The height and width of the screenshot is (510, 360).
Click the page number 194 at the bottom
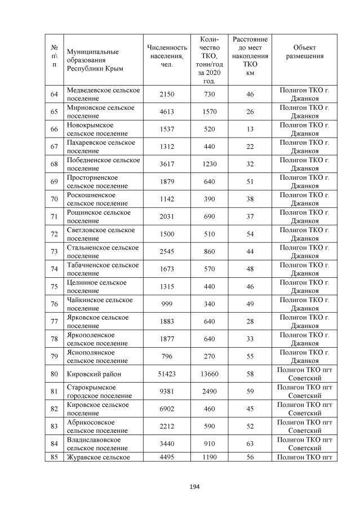pos(180,486)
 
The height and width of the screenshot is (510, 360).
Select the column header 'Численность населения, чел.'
pos(166,56)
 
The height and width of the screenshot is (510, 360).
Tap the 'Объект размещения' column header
pos(304,52)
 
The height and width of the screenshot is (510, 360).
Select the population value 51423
pos(167,374)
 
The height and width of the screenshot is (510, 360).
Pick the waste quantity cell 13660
pos(210,374)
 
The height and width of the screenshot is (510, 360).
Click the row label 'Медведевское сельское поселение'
pos(103,94)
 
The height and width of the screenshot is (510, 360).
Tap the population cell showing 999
pos(167,304)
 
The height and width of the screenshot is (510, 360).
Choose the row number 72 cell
pos(55,234)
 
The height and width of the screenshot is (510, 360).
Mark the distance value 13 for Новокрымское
pos(250,129)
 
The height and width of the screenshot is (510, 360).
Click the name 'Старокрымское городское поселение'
pos(92,392)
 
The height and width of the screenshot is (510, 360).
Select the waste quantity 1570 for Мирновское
pos(210,112)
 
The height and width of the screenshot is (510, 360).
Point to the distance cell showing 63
pos(250,444)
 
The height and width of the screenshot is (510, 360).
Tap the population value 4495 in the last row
pos(167,458)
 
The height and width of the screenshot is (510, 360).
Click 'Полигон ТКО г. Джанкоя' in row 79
pos(304,357)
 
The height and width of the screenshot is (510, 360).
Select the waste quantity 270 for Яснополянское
pos(210,357)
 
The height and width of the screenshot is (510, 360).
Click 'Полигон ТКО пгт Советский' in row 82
pos(304,409)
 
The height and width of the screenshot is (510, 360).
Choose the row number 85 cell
pos(55,458)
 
